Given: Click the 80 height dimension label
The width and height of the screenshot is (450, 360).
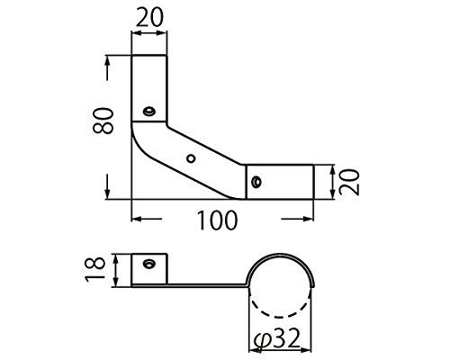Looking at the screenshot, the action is (x=103, y=121).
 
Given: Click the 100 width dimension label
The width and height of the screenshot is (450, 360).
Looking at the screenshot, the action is (x=217, y=220).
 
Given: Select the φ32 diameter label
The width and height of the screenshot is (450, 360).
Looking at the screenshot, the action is (x=276, y=339).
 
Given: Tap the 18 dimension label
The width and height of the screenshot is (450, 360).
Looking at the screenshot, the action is (x=95, y=269).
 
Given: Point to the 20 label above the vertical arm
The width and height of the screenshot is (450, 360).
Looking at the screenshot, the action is (x=149, y=17).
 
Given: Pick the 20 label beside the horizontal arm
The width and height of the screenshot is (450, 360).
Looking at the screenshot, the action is (x=349, y=182).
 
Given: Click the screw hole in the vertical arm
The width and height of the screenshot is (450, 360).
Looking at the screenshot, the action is (x=148, y=111).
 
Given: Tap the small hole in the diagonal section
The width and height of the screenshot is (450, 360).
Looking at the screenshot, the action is (x=191, y=158).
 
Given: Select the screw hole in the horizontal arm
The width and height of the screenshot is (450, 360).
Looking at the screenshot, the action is (x=256, y=182).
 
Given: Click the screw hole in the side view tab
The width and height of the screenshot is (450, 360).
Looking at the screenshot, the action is (x=148, y=264).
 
